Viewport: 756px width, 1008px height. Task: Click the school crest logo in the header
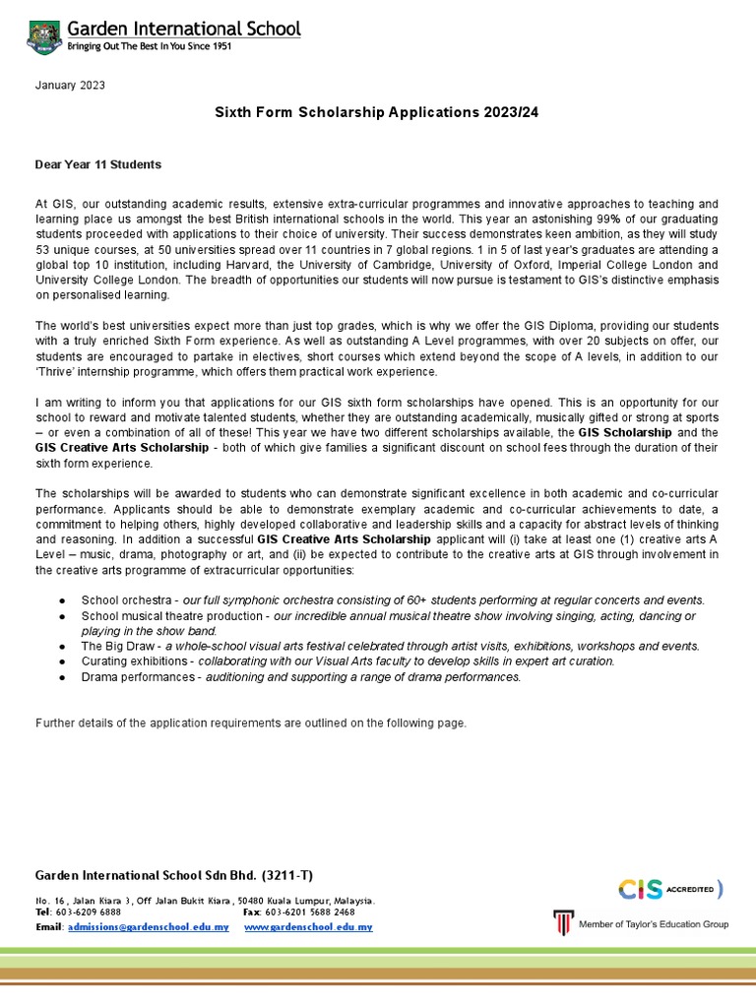[x=43, y=36]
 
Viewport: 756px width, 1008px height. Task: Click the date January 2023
[x=70, y=86]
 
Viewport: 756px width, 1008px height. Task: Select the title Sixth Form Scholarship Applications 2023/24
[x=377, y=113]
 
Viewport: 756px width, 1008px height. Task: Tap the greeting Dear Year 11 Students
[x=98, y=164]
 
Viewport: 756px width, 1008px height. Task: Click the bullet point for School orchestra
[x=62, y=600]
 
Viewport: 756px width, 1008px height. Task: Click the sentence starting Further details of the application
[x=251, y=724]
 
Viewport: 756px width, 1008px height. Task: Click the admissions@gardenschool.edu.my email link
[x=148, y=927]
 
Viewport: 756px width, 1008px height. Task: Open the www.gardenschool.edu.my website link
[x=308, y=927]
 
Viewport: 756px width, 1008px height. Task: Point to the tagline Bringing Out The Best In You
[x=148, y=47]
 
